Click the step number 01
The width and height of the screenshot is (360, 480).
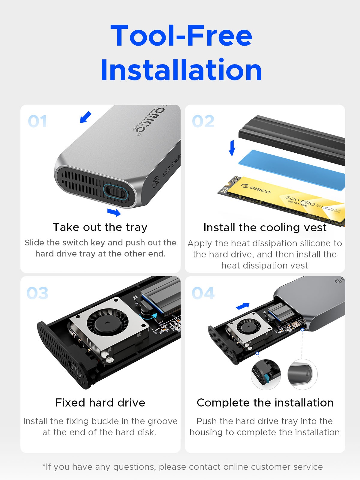point(37,121)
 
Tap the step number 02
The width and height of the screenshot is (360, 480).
point(203,121)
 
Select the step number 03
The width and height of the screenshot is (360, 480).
point(37,293)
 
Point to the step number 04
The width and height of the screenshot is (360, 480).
point(203,293)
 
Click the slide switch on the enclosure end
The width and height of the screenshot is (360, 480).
point(115,192)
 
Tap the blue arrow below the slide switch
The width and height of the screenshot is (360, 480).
point(114,212)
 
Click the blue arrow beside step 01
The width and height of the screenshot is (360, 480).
point(85,117)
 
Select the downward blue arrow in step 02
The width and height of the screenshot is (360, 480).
point(232,148)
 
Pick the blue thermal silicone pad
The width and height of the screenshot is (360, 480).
point(292,170)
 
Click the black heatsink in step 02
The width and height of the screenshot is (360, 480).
point(292,140)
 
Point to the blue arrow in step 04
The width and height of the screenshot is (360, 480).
point(243,306)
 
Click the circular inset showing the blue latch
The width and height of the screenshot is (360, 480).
point(266,374)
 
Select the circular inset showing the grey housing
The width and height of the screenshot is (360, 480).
point(302,374)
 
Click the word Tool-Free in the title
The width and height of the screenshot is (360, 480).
point(181,35)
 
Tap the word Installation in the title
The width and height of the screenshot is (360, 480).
point(181,70)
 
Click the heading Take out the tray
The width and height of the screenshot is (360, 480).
point(100,227)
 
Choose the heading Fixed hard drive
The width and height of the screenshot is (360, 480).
point(100,403)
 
